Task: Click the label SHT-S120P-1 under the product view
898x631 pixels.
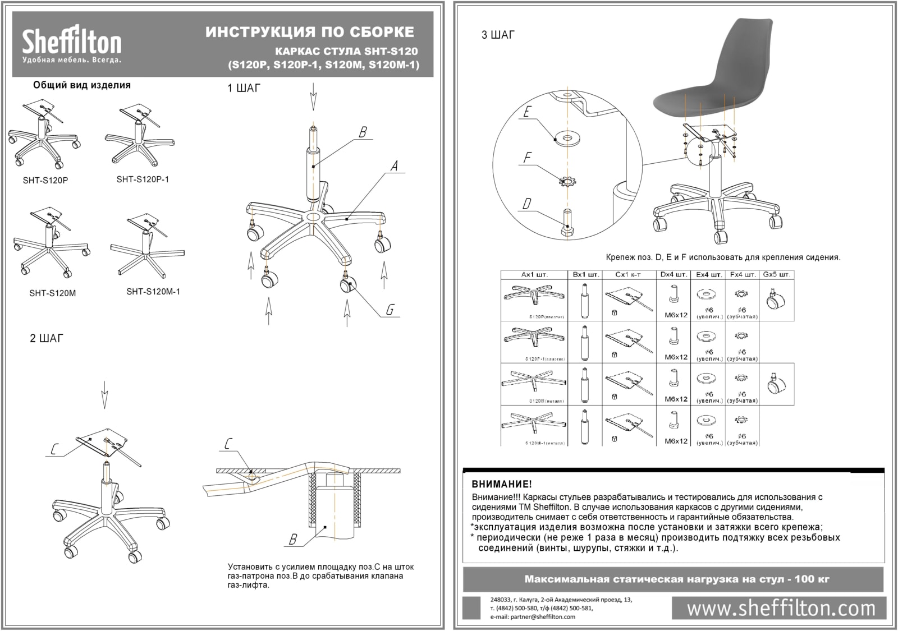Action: pyautogui.click(x=143, y=179)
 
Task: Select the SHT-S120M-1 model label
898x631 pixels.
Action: pyautogui.click(x=153, y=292)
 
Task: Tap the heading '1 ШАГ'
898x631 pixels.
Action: pyautogui.click(x=244, y=89)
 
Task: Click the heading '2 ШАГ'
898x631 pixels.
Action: pyautogui.click(x=47, y=338)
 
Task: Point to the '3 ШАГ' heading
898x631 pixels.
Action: pyautogui.click(x=498, y=35)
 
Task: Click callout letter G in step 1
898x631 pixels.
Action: pyautogui.click(x=390, y=310)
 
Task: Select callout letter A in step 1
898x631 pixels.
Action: pyautogui.click(x=394, y=166)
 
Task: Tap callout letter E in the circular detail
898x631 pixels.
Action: pyautogui.click(x=526, y=112)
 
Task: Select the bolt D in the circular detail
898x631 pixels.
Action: pyautogui.click(x=566, y=224)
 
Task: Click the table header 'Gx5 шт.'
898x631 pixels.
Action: pyautogui.click(x=777, y=275)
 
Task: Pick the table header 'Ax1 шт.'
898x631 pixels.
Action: pyautogui.click(x=534, y=275)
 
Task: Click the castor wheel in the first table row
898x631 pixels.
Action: pyautogui.click(x=776, y=299)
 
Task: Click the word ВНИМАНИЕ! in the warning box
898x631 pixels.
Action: pyautogui.click(x=501, y=484)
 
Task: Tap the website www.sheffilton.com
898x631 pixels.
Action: pyautogui.click(x=781, y=609)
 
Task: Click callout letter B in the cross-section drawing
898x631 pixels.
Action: pyautogui.click(x=292, y=540)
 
